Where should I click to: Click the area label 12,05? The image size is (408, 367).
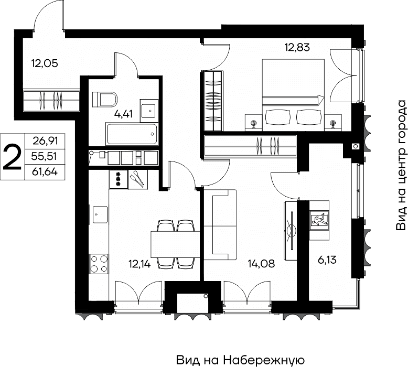(45, 63)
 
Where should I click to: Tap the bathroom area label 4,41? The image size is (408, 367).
(123, 114)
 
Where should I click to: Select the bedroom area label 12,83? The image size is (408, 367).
(297, 47)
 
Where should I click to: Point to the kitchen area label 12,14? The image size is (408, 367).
(139, 264)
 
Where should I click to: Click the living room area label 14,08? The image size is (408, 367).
(261, 264)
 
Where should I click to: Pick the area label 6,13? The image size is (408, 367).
(327, 260)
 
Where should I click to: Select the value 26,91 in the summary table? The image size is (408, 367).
(45, 141)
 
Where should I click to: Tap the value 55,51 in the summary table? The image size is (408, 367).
(44, 156)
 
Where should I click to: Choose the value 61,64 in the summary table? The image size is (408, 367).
(45, 171)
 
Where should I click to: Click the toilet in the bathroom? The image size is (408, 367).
(104, 99)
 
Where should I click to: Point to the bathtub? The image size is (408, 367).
(132, 134)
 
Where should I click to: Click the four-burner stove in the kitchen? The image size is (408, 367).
(99, 264)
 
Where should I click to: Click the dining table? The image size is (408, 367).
(175, 244)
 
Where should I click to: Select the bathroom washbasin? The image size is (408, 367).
(149, 111)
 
